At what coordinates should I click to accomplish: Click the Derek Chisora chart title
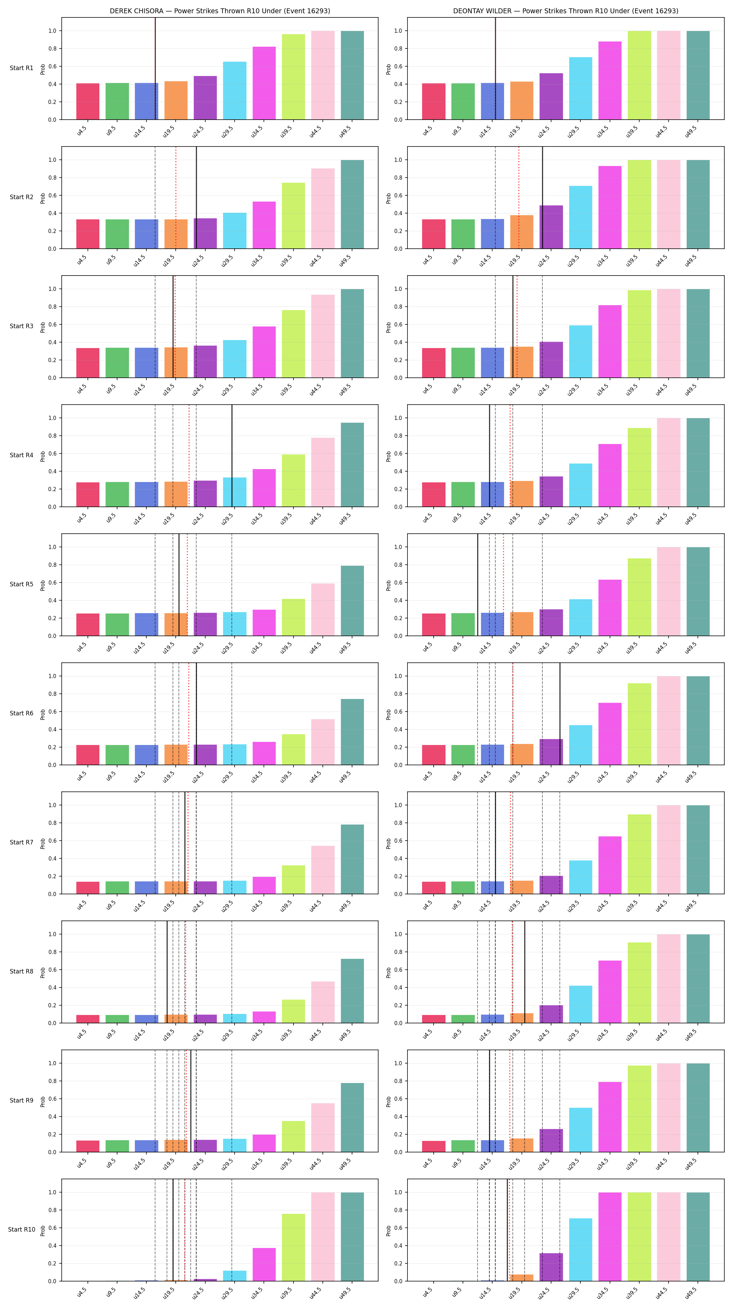pos(220,11)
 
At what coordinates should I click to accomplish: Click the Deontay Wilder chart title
pos(566,11)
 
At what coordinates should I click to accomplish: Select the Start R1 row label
pos(21,68)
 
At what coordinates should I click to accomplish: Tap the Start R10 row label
pos(21,1229)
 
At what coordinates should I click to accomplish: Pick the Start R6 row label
pos(21,713)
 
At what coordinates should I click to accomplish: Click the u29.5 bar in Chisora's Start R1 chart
pos(235,91)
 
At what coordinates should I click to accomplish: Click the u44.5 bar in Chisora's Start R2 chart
pos(323,209)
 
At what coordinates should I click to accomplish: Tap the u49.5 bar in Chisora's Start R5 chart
pos(352,601)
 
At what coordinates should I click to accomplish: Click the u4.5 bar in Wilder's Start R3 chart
pos(434,363)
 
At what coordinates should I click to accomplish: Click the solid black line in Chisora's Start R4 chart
pos(232,456)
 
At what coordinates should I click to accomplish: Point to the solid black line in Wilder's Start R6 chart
pos(560,713)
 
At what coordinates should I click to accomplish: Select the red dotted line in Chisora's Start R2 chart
pos(176,197)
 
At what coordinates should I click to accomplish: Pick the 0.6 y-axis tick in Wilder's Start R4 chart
pos(398,453)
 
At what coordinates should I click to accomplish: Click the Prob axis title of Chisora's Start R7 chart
pos(43,843)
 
